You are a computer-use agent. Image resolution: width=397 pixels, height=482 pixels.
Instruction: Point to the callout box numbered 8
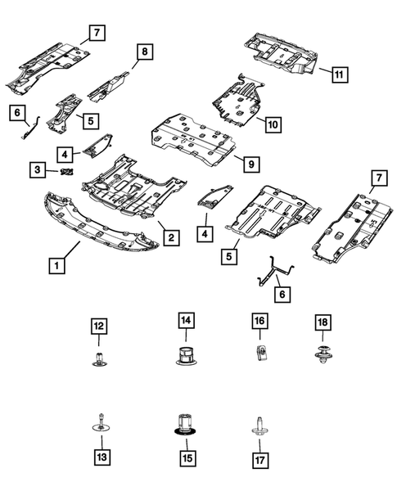(143, 52)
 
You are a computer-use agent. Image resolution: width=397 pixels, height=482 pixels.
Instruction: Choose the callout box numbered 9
(251, 164)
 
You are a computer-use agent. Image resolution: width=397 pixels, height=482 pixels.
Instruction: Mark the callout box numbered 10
(272, 124)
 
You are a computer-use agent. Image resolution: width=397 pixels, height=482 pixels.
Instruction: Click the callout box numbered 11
(339, 74)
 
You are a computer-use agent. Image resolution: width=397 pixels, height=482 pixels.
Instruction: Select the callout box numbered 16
(259, 323)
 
